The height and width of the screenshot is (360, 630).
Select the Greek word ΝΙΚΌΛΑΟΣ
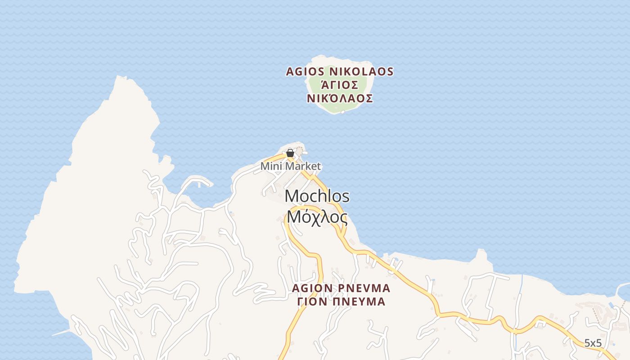pos(340,99)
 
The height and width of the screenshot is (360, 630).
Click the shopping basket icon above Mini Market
pos(290,153)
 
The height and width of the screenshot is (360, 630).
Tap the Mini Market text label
pos(291,166)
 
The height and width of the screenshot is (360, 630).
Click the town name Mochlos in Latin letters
pos(317,196)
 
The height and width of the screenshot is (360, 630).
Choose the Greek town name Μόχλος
pos(317,218)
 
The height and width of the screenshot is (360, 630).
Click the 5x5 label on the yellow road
pos(593,343)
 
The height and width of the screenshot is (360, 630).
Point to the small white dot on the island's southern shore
pos(342,112)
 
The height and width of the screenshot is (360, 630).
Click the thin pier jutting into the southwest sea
pos(61,333)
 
